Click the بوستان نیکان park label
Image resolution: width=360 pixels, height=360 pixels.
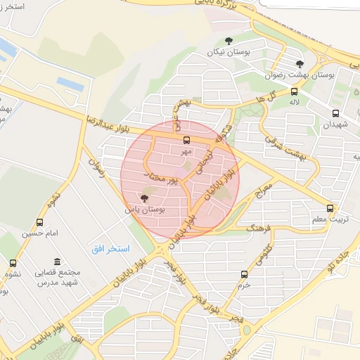[x=228, y=52]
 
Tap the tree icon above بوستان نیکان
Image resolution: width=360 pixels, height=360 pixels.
[x=228, y=41]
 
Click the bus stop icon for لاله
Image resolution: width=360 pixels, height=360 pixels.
[x=293, y=91]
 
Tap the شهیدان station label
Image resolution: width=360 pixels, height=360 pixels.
[x=335, y=124]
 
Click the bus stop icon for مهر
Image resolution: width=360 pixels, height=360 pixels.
[x=186, y=140]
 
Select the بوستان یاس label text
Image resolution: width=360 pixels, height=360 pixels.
[x=145, y=210]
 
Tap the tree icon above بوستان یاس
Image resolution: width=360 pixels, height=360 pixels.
[x=145, y=198]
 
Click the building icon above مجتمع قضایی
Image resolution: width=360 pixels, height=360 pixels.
[x=57, y=261]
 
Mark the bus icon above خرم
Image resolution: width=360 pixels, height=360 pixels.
[x=244, y=274]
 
